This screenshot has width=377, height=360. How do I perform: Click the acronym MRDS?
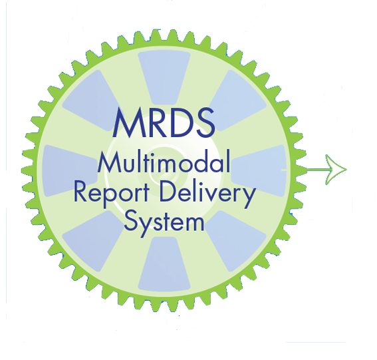(164, 122)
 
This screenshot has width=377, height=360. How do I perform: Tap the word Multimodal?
(164, 161)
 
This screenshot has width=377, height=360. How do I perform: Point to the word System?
(164, 223)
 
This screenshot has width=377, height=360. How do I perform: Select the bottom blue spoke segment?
(164, 264)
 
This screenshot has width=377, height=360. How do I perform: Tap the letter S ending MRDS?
(205, 122)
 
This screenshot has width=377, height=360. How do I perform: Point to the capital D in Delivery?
(168, 191)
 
